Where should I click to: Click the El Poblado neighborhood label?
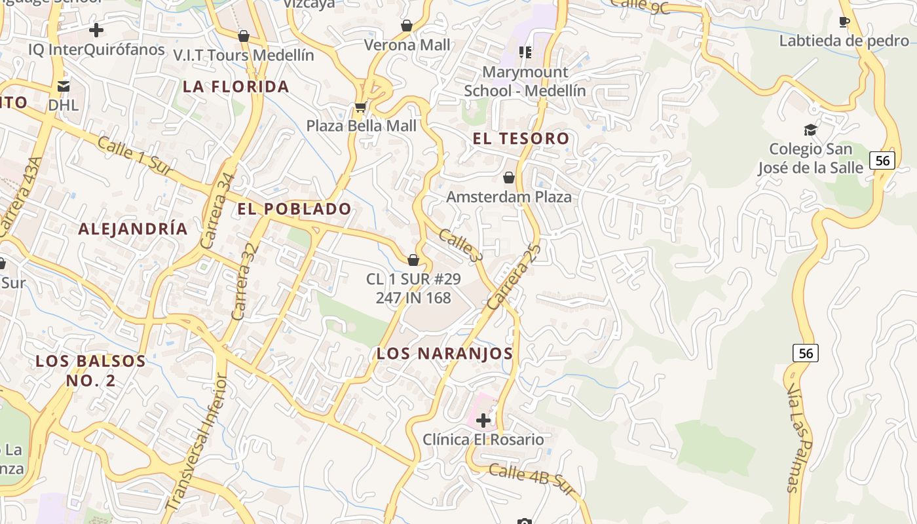[x=294, y=209]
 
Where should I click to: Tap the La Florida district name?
[x=236, y=86]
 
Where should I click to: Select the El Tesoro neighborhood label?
[x=521, y=138]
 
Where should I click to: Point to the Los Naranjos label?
[x=444, y=353]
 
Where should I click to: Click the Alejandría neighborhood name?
[x=133, y=229]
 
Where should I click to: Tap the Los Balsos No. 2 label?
[x=90, y=371]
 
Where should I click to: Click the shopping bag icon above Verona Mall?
[x=407, y=26]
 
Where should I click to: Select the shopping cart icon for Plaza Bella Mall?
[x=360, y=106]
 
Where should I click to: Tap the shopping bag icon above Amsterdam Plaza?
[x=509, y=178]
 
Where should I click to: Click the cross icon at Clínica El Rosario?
[x=483, y=420]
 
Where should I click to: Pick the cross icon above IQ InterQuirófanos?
[x=96, y=30]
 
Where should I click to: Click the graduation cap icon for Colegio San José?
[x=810, y=130]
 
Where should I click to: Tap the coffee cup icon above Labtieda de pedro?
[x=844, y=22]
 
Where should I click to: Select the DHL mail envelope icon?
[x=64, y=86]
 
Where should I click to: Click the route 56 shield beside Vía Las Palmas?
[x=805, y=354]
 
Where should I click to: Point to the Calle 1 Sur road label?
[x=134, y=156]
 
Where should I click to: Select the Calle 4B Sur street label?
[x=531, y=479]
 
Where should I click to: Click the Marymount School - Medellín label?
[x=525, y=81]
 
